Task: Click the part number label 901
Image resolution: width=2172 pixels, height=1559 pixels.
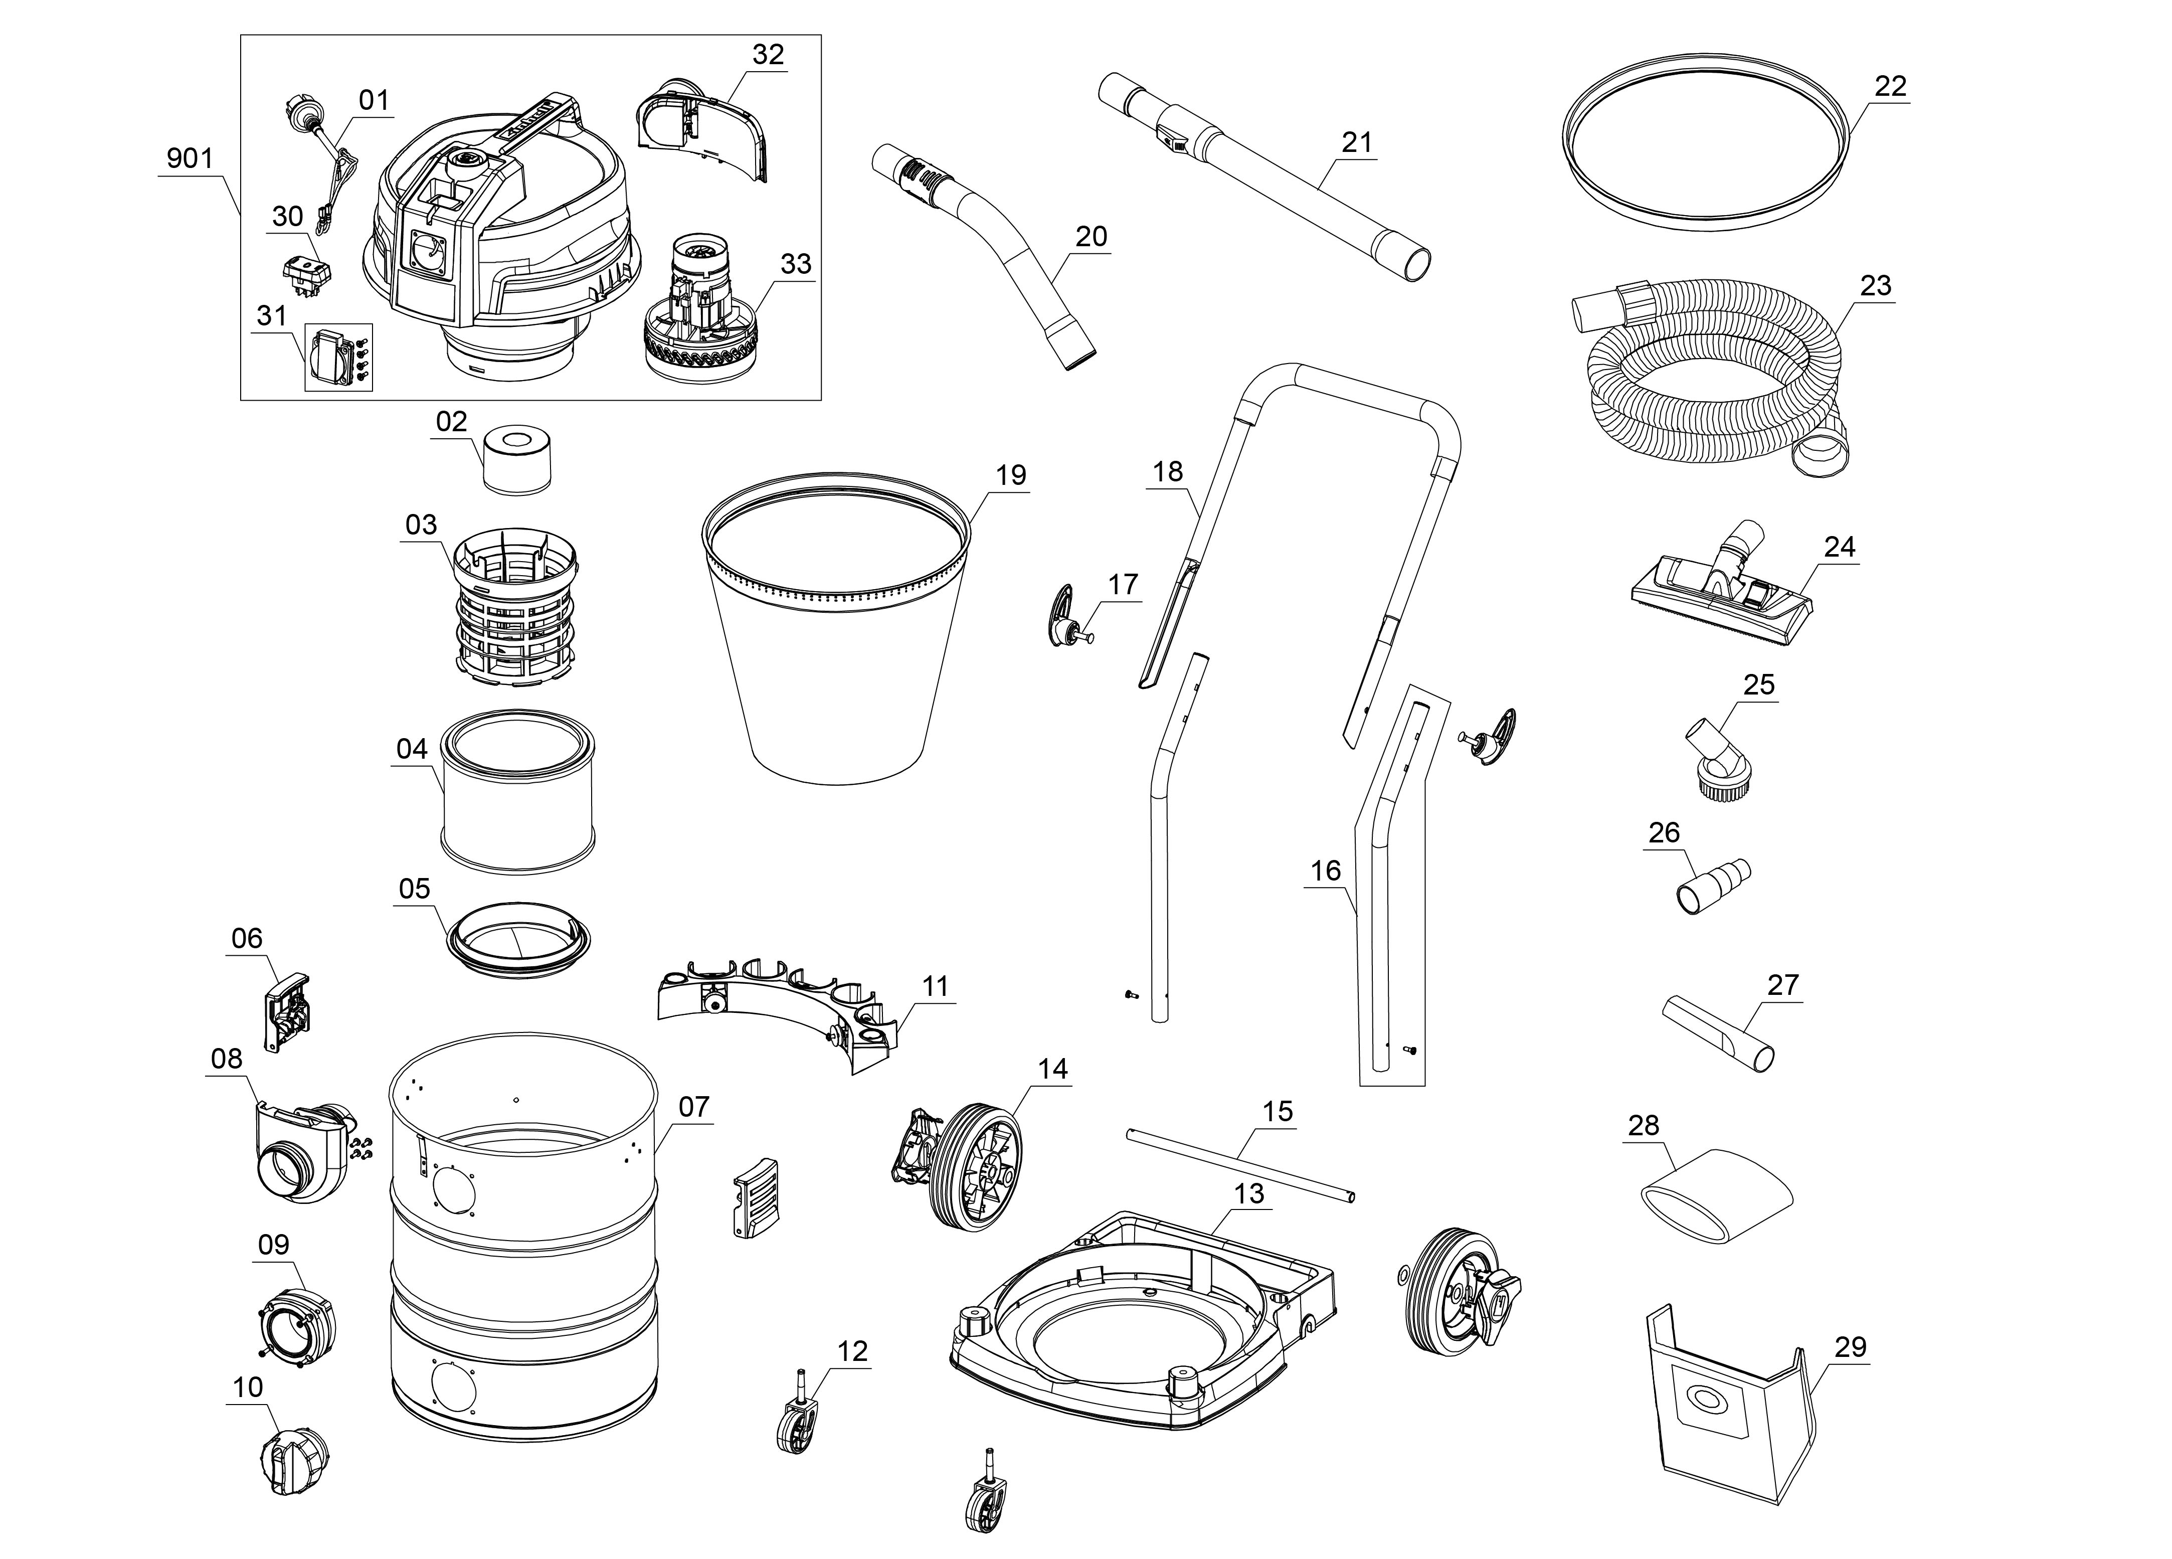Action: (190, 158)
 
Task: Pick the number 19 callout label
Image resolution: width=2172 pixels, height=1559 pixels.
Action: (1010, 475)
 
